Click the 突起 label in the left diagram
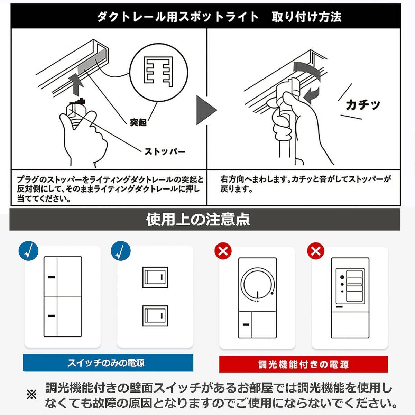coord(138,122)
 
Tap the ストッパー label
coord(165,152)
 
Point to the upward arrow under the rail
coord(77,84)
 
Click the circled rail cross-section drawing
coord(158,73)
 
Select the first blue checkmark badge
coord(28,251)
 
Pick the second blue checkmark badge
coord(121,251)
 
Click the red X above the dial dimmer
coord(223,251)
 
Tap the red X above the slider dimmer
coord(315,251)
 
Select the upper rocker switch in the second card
coord(155,277)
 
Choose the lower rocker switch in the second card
coord(155,316)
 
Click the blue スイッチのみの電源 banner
coord(108,363)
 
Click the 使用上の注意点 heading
coord(198,220)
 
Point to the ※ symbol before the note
coord(31,395)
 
